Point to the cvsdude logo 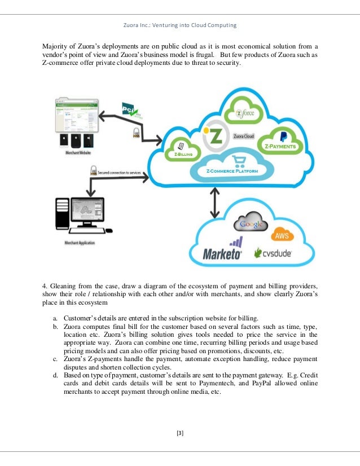[x=273, y=253]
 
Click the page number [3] [x=180, y=433]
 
